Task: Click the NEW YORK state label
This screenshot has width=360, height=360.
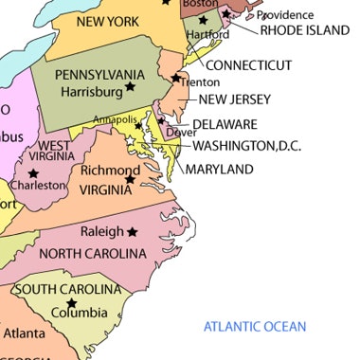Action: click(102, 21)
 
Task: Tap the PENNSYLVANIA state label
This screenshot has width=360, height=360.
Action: click(99, 75)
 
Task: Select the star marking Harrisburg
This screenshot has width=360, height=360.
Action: click(132, 88)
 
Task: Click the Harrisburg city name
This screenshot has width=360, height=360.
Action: click(91, 92)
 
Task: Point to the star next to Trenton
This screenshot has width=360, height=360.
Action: click(175, 77)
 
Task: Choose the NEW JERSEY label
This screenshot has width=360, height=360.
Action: click(235, 99)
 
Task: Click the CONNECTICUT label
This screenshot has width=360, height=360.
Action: click(249, 65)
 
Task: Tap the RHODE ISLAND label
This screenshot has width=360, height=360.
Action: click(305, 30)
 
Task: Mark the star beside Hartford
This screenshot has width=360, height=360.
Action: click(202, 21)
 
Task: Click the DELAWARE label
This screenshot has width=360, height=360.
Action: click(225, 124)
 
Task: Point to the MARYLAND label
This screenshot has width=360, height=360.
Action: click(219, 170)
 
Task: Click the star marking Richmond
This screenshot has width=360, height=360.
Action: click(131, 178)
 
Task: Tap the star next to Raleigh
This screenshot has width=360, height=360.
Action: click(133, 231)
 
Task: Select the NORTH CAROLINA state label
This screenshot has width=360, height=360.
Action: click(93, 253)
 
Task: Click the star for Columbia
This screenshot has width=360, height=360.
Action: click(71, 303)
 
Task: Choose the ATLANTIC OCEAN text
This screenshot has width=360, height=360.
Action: click(256, 327)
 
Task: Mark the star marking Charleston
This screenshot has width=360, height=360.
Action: click(34, 173)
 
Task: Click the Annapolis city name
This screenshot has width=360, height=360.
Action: click(114, 119)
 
